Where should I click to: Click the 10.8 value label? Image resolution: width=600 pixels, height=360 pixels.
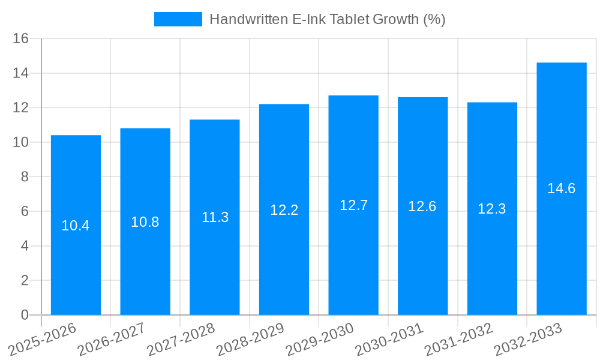tap(145, 222)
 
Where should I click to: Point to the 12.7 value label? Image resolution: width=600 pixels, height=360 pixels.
tap(353, 205)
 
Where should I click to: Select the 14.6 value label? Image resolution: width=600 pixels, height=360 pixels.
tap(562, 188)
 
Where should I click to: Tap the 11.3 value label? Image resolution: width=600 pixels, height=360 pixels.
tap(215, 217)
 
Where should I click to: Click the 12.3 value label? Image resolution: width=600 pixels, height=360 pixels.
tap(492, 209)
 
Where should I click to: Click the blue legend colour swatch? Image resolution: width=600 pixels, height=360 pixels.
tap(178, 19)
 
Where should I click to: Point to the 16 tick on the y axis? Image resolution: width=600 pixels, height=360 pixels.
tap(21, 39)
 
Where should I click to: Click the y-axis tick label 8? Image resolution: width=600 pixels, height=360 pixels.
tap(25, 177)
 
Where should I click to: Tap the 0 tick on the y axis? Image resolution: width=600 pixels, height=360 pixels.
tap(25, 315)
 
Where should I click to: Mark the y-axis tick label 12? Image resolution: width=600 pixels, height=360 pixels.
tap(21, 108)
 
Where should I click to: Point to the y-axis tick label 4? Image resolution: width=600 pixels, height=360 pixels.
tap(25, 246)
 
